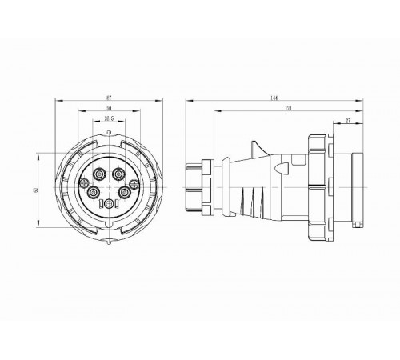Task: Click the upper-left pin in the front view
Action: click(x=99, y=173)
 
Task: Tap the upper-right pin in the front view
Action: click(x=118, y=173)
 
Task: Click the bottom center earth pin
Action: click(x=108, y=206)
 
